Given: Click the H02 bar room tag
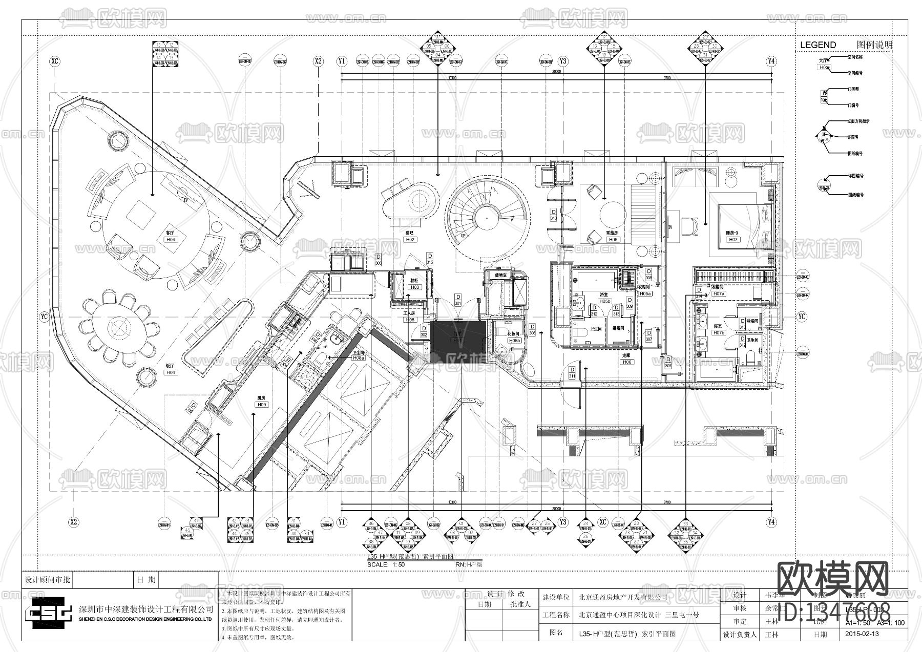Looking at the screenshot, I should [x=410, y=239].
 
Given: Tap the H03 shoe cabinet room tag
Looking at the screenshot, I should [x=414, y=287].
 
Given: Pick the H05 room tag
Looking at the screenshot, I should [x=613, y=239].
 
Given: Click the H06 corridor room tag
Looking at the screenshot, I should [x=627, y=362].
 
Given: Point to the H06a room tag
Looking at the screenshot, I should [x=514, y=340].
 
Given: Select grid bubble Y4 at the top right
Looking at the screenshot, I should [x=771, y=61].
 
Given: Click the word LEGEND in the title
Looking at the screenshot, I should [x=818, y=45].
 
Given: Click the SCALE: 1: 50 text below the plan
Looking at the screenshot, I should [x=386, y=565].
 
